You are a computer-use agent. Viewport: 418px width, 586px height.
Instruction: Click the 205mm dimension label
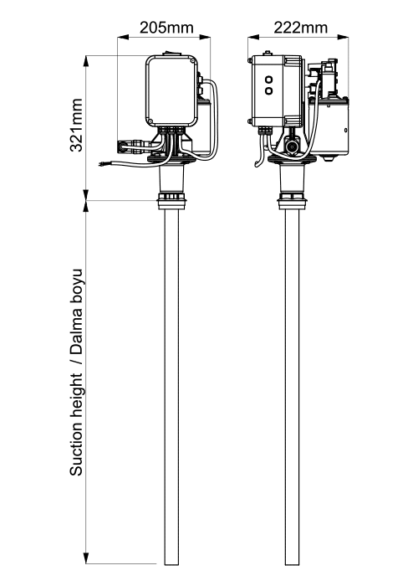coord(166,28)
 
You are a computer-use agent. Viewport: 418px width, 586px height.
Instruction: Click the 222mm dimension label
coord(300,28)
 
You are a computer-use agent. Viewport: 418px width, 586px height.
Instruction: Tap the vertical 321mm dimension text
coord(77,125)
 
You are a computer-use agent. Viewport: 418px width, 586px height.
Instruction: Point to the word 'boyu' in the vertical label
coord(77,286)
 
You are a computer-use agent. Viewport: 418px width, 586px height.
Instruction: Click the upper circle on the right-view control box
coord(268,80)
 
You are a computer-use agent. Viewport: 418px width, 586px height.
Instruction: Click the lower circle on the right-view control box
coord(268,90)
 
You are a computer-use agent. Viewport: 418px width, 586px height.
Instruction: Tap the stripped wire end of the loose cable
coord(102,163)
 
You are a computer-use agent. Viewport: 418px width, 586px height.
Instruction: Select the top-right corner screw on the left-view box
coord(191,60)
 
